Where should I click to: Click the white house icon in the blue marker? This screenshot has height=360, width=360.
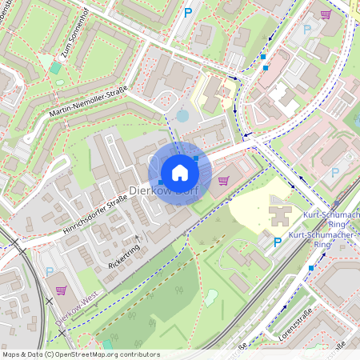tap(180, 172)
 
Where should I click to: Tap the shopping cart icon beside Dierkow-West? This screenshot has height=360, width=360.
tap(61, 290)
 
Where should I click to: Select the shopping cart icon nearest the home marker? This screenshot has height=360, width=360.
tap(222, 180)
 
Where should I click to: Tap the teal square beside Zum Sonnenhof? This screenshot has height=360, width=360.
tap(55, 69)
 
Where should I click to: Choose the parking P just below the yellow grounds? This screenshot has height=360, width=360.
tap(277, 242)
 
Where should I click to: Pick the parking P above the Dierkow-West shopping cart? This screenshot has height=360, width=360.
tap(50, 272)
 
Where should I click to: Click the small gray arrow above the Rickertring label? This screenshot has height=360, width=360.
tap(138, 238)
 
